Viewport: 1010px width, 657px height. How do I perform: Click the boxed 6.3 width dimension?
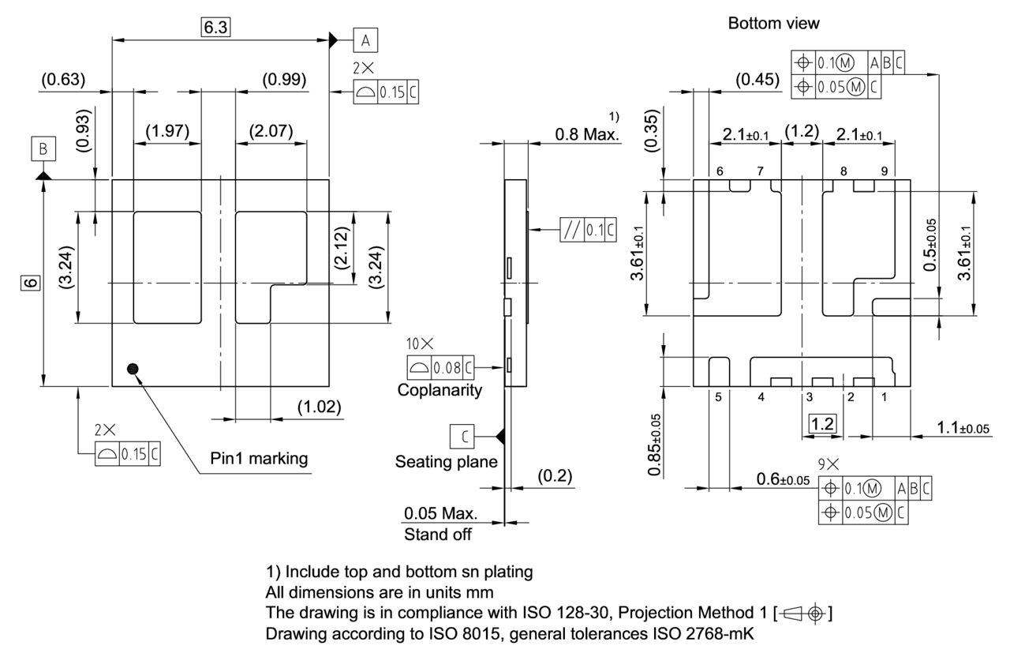215,28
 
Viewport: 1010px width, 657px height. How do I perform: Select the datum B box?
43,148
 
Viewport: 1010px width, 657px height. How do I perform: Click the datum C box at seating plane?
462,436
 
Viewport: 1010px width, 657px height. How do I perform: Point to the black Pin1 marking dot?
133,368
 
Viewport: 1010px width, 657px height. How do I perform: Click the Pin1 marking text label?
259,459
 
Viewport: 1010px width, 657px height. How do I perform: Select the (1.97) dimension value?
166,130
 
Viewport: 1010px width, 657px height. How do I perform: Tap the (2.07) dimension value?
271,130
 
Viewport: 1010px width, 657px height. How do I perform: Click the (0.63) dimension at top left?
62,79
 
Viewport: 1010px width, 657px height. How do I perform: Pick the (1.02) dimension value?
319,407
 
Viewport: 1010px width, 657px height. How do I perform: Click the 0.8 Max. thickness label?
587,134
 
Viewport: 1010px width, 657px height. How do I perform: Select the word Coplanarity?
440,390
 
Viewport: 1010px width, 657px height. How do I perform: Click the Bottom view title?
773,24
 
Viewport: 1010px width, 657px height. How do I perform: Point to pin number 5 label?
718,397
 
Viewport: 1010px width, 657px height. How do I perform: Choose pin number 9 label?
884,171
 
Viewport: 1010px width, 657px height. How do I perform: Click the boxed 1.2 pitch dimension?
822,424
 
